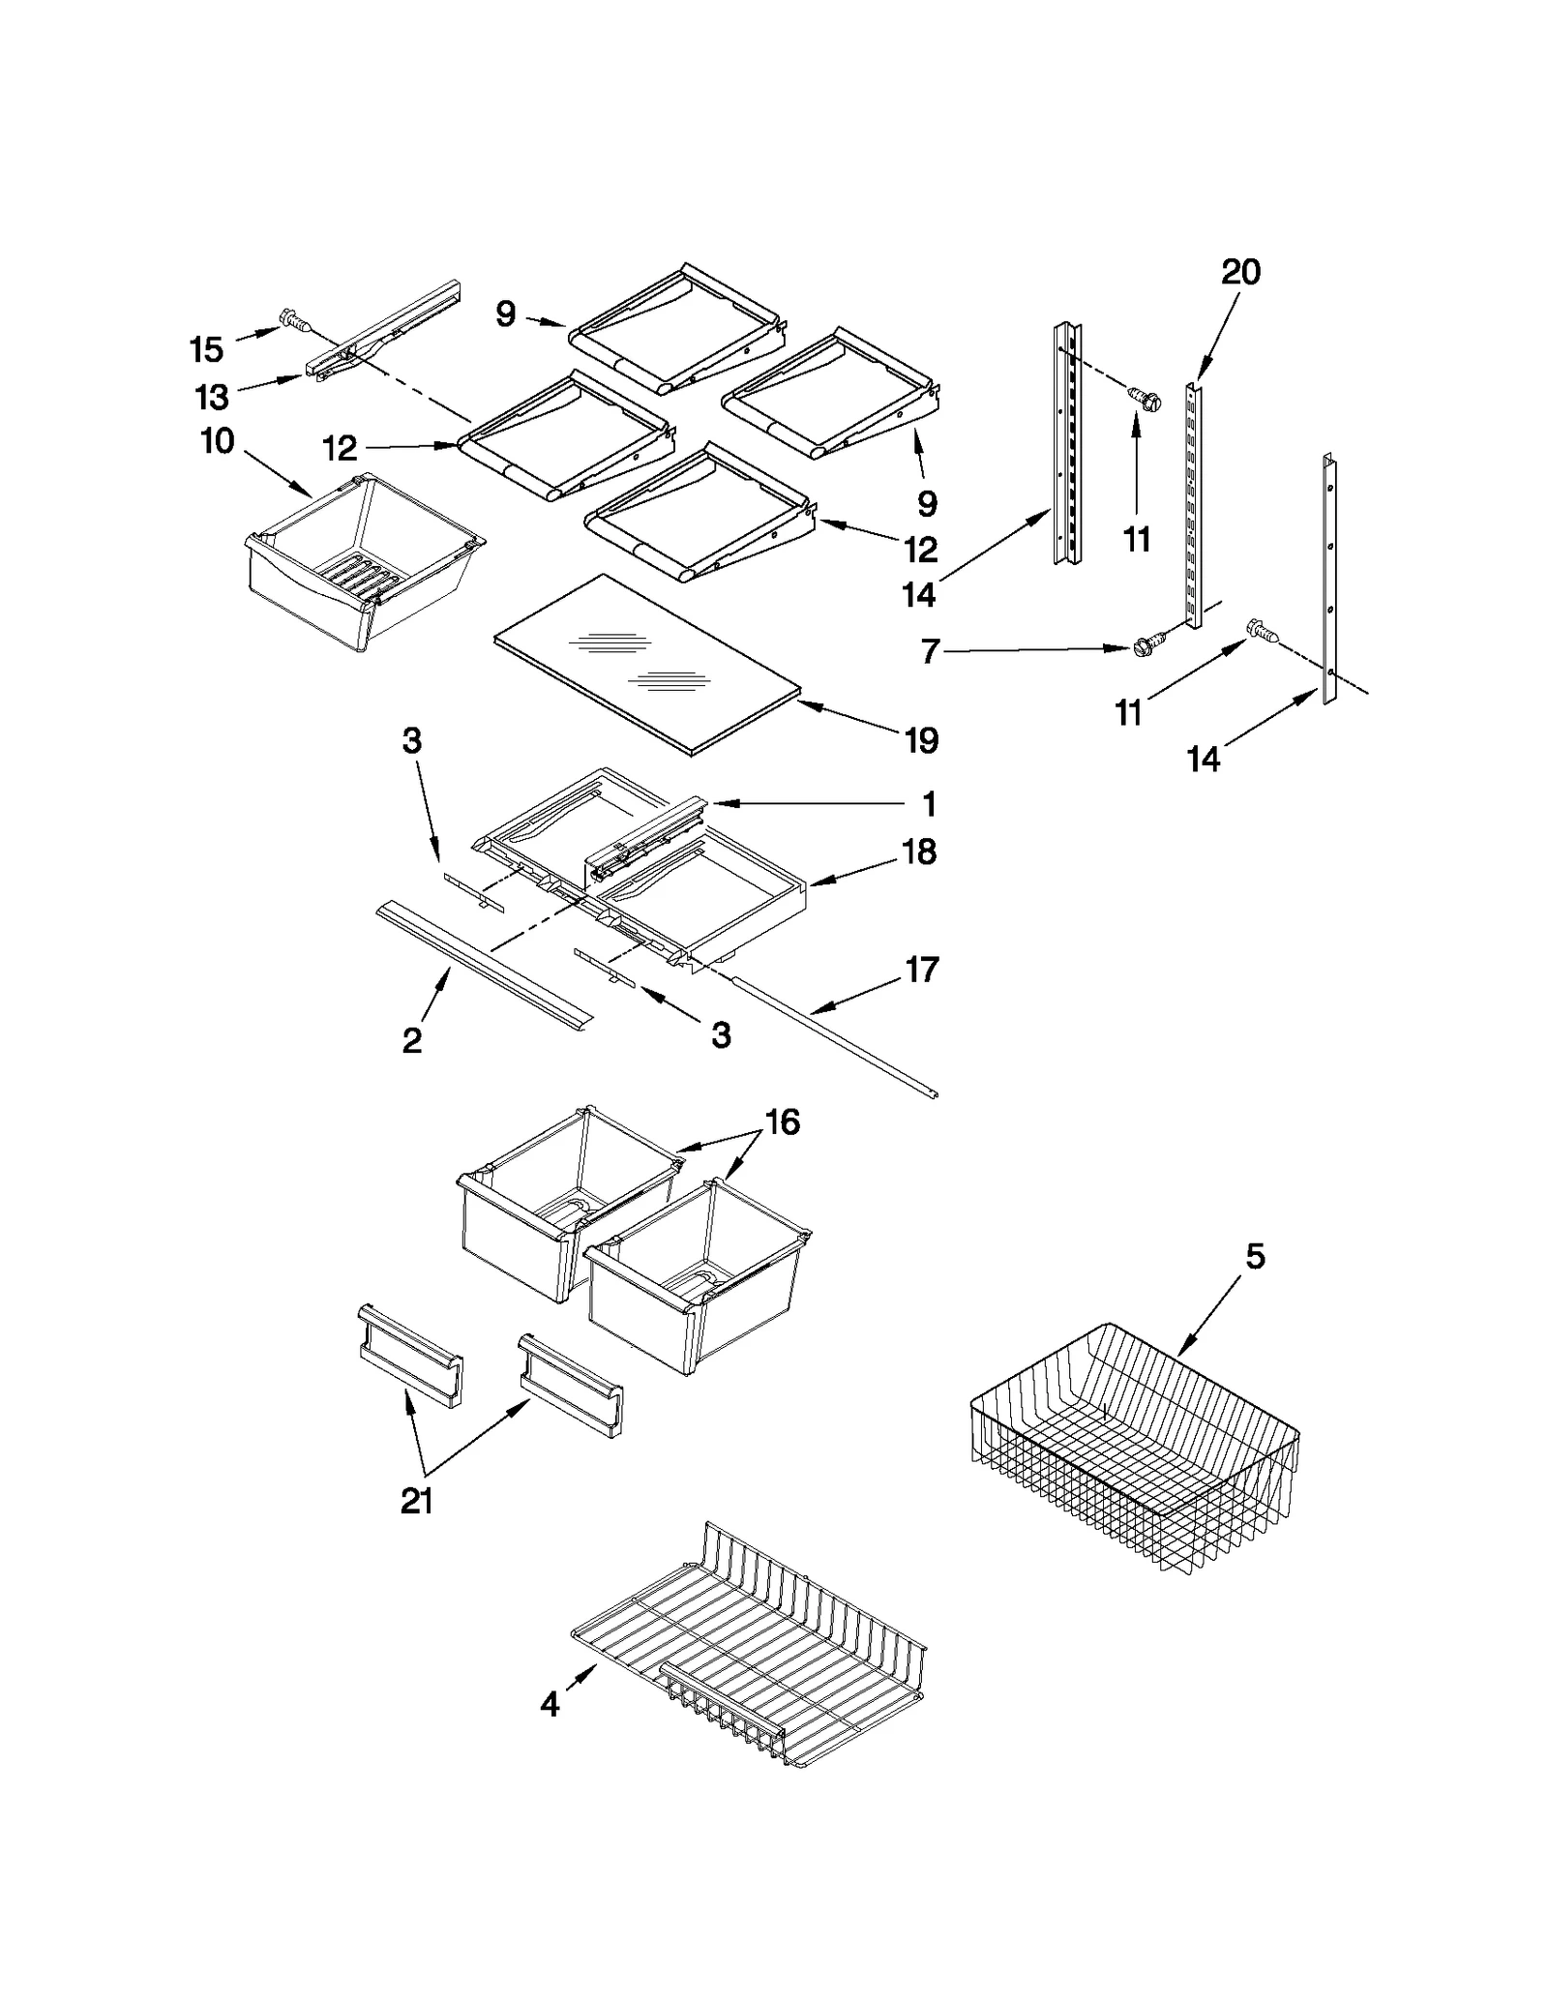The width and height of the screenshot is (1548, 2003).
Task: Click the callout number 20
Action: pyautogui.click(x=1240, y=272)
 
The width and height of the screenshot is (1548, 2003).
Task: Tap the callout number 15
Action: pyautogui.click(x=206, y=349)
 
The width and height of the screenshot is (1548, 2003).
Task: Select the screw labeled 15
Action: pyautogui.click(x=291, y=319)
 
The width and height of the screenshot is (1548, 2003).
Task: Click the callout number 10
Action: pyautogui.click(x=218, y=441)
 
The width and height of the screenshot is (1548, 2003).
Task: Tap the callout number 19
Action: pyautogui.click(x=921, y=740)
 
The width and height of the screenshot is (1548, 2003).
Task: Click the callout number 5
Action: pyautogui.click(x=1254, y=1257)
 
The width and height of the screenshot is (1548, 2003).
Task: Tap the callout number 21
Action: pyautogui.click(x=416, y=1502)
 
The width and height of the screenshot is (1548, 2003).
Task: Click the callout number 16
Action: pyautogui.click(x=782, y=1121)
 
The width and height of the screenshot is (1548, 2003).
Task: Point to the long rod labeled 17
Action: pyautogui.click(x=832, y=1035)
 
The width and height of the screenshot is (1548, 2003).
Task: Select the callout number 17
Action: pyautogui.click(x=921, y=969)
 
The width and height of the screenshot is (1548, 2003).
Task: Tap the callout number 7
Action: pyautogui.click(x=930, y=652)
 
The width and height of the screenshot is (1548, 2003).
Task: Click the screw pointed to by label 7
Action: pyautogui.click(x=1147, y=646)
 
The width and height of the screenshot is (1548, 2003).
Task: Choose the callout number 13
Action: pyautogui.click(x=212, y=397)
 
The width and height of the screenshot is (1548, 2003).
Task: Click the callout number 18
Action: pyautogui.click(x=919, y=852)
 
